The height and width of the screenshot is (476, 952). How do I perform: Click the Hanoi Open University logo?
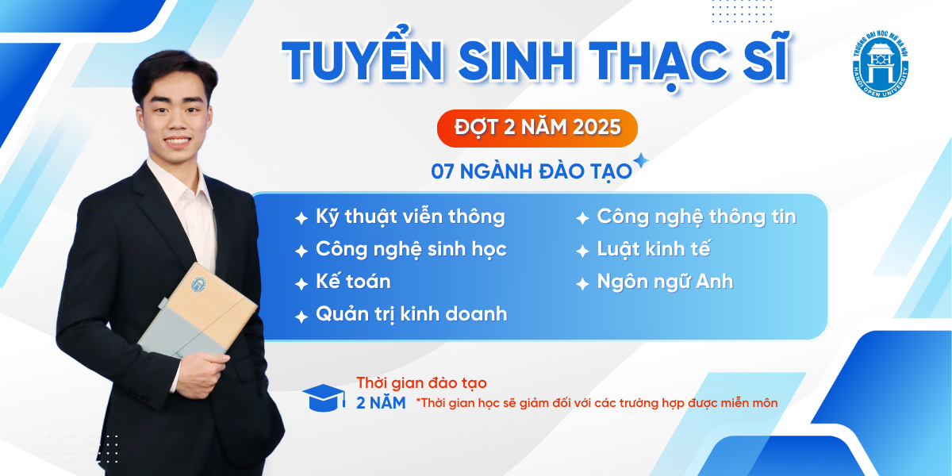point(881,64)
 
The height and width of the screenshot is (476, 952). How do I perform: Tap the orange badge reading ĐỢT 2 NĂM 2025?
point(537,129)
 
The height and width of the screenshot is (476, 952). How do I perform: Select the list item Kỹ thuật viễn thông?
point(410,217)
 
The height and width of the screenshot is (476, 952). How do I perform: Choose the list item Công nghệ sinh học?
point(411,249)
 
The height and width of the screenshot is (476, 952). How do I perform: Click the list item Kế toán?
point(353,282)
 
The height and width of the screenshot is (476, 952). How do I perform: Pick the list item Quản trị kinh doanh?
point(412,315)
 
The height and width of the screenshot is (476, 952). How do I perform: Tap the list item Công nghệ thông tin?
point(697,217)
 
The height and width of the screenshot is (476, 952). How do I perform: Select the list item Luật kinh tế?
point(654,249)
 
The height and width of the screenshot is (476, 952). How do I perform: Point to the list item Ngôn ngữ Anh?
point(665,282)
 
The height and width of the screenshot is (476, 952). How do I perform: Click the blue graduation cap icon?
point(324,397)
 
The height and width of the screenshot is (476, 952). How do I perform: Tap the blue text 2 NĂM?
point(381,403)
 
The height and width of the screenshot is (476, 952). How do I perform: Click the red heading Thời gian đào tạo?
point(421,382)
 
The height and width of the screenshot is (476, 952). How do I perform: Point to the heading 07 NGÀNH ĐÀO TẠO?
point(532,172)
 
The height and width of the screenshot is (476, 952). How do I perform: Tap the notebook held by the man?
point(198,312)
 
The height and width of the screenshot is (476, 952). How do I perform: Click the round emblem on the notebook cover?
point(198,284)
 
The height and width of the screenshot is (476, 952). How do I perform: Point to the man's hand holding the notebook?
point(202,374)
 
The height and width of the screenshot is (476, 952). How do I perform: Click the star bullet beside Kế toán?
point(301,283)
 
